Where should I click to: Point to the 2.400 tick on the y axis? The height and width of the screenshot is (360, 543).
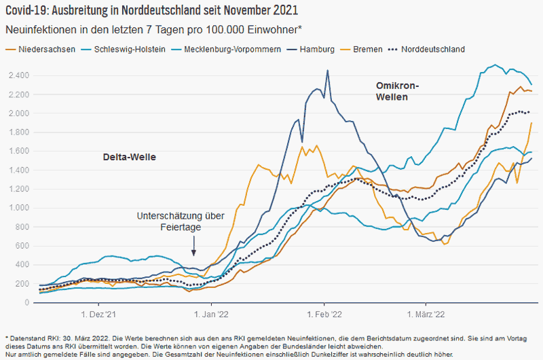point(20,75)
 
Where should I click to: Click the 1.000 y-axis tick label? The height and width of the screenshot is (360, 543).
point(20,208)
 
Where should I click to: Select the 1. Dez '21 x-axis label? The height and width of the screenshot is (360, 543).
point(99,315)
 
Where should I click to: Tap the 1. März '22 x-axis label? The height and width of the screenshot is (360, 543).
point(425,315)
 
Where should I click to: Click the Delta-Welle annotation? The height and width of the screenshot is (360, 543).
point(130,157)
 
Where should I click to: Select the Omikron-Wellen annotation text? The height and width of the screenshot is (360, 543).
point(398,92)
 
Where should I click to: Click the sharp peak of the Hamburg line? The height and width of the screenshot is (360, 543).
point(328,71)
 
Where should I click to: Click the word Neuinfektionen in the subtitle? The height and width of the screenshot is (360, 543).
point(37,30)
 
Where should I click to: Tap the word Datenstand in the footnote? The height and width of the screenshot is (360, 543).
point(26,338)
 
